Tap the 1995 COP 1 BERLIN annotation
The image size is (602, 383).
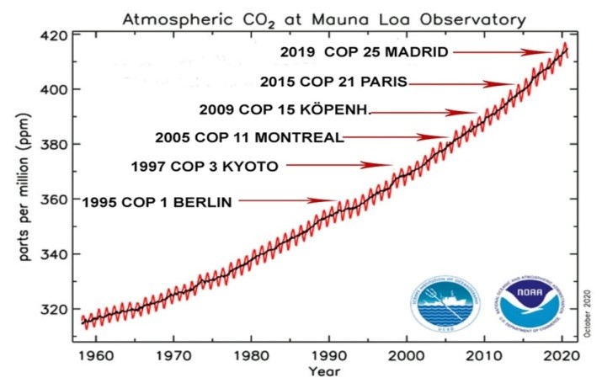pyautogui.click(x=157, y=201)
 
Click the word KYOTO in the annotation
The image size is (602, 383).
pyautogui.click(x=249, y=166)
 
